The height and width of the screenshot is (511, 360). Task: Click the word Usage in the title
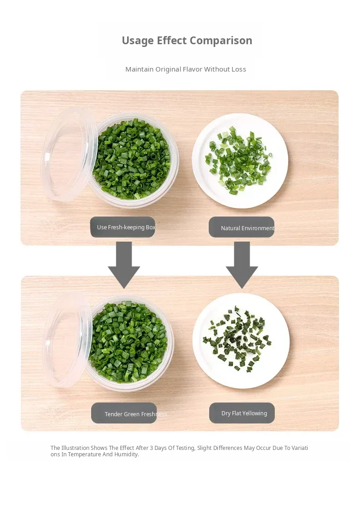pos(138,41)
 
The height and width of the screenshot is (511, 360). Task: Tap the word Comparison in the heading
pos(221,41)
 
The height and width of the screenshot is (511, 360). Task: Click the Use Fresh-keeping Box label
pos(123,227)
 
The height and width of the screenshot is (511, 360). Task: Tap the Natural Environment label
pos(242,227)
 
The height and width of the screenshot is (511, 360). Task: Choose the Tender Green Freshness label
pos(124,413)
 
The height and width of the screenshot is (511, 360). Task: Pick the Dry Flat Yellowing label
pos(242,413)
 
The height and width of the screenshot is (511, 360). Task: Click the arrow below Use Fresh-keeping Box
pos(124,265)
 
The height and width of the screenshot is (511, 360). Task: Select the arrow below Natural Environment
pos(242,265)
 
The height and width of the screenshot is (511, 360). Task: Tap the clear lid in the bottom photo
pos(68,341)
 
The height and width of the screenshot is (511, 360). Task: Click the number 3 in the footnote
pos(151,448)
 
